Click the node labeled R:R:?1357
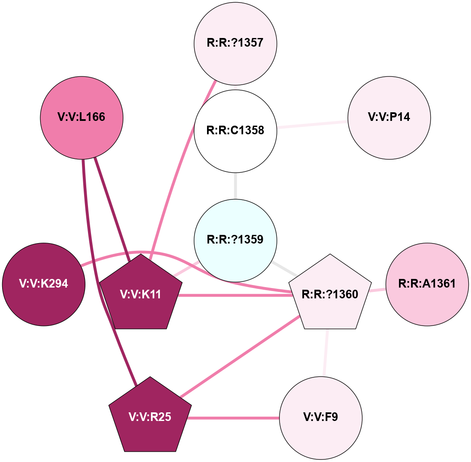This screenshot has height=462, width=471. click(235, 44)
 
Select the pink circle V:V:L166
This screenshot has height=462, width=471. click(82, 117)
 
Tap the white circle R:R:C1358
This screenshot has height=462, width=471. click(235, 130)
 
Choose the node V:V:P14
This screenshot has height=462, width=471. click(389, 117)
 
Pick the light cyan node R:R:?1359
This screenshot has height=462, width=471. click(235, 240)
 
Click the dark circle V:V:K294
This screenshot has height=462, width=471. click(44, 284)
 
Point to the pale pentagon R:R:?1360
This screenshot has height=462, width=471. click(330, 294)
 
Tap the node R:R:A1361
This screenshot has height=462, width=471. click(427, 284)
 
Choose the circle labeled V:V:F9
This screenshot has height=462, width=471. click(320, 418)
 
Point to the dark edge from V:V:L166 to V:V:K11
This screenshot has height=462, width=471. click(111, 207)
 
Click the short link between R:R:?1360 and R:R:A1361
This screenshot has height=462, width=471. click(378, 290)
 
